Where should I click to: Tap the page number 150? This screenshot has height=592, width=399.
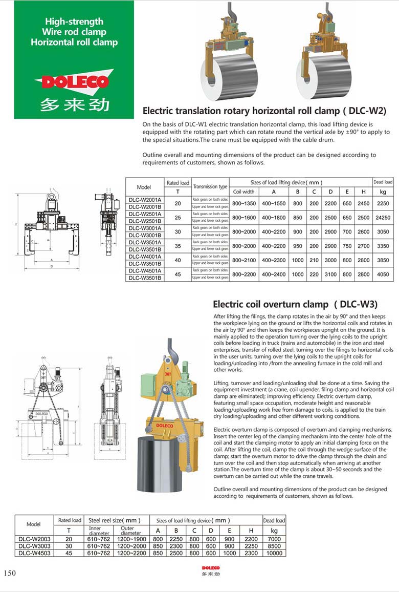click(10, 573)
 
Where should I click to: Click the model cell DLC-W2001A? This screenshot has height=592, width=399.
click(145, 199)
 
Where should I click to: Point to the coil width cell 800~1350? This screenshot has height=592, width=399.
click(243, 203)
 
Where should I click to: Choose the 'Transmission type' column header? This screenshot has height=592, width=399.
click(210, 187)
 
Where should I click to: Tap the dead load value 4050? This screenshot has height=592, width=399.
click(382, 274)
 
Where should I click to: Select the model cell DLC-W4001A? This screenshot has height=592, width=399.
click(145, 257)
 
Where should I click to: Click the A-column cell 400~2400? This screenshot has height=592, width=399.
click(275, 274)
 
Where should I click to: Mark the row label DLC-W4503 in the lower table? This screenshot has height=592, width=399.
click(34, 553)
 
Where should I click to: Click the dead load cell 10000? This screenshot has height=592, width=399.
click(274, 553)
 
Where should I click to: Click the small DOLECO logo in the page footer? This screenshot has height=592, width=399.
click(210, 568)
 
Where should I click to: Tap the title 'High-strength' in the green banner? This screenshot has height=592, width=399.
click(74, 22)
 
